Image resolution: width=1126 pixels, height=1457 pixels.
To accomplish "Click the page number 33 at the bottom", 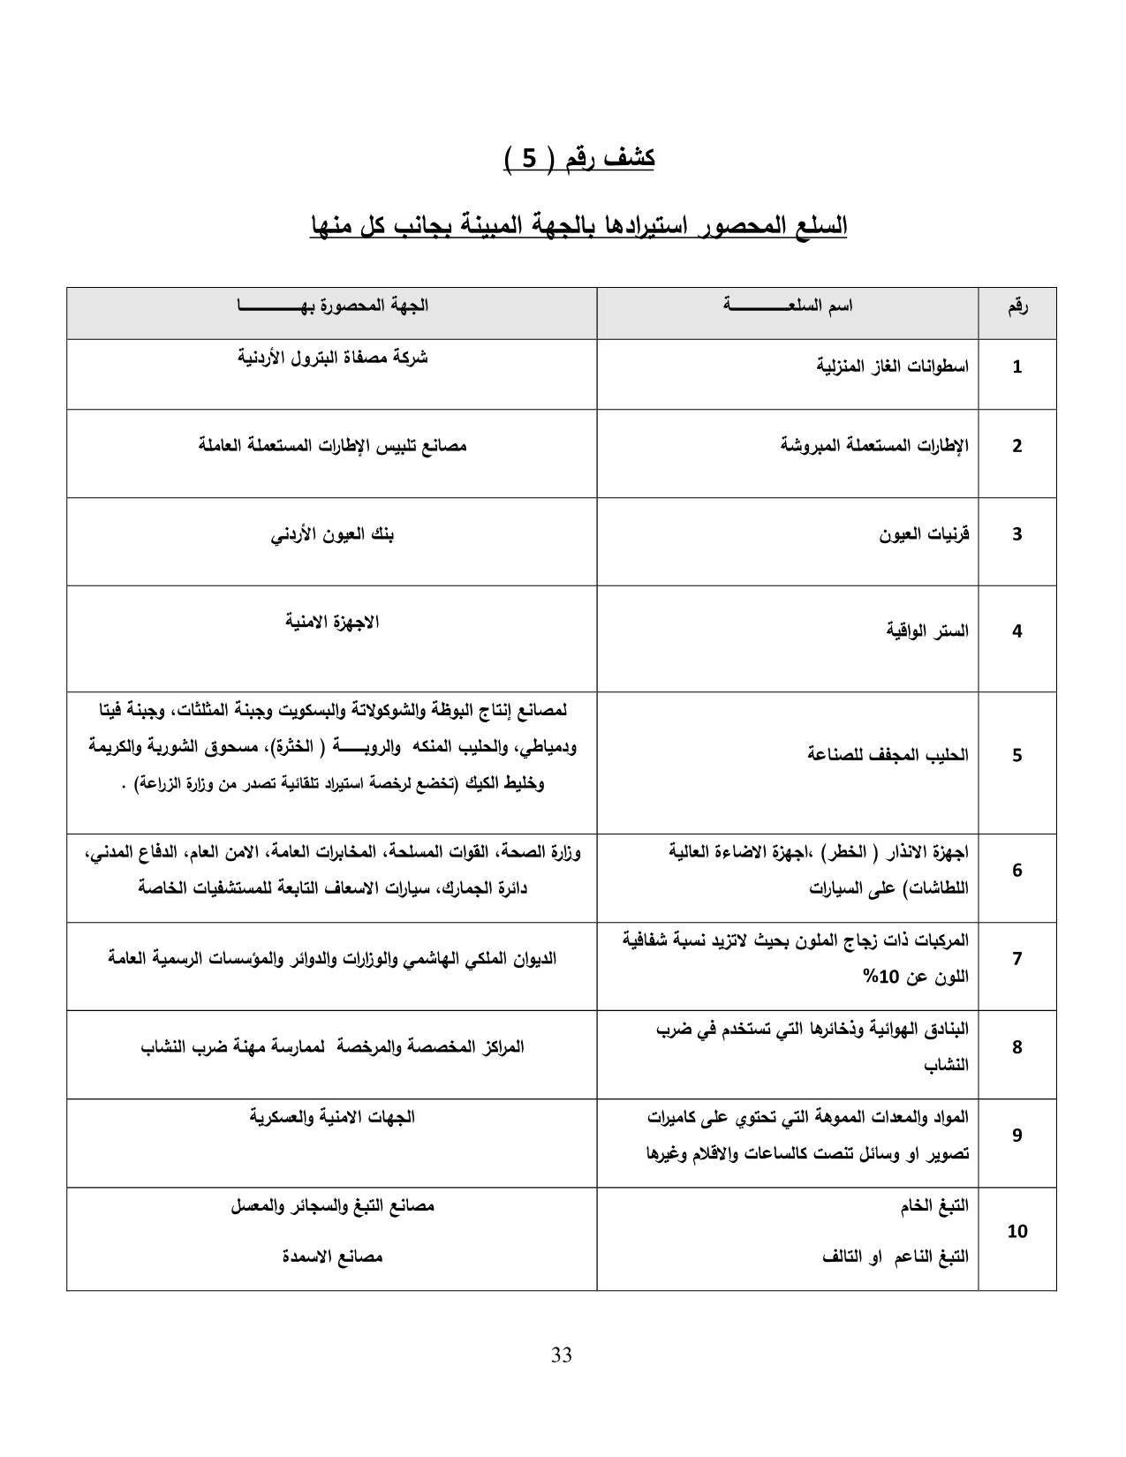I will click(x=562, y=1355).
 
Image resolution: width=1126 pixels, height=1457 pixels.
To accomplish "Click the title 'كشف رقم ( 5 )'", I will click(x=578, y=159).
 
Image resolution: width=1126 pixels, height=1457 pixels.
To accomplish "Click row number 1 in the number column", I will click(x=1016, y=366).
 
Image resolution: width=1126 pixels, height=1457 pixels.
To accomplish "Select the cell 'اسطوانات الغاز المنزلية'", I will click(x=891, y=366).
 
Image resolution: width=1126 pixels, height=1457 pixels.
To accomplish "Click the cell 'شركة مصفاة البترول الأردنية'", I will click(x=333, y=358).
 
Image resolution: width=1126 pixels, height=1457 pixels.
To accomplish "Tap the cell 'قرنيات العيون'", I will click(x=924, y=533).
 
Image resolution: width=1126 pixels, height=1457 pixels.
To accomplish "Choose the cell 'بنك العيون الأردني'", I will click(x=332, y=534).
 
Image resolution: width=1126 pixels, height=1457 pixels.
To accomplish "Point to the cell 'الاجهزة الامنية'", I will click(x=332, y=622).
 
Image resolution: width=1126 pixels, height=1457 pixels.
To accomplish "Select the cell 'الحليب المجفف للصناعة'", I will click(x=888, y=754).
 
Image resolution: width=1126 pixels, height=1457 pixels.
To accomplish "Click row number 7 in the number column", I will click(x=1016, y=958).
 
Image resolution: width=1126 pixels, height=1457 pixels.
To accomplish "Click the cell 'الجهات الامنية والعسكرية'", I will click(x=332, y=1117).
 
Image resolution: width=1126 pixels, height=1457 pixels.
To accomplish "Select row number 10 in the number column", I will click(x=1016, y=1231).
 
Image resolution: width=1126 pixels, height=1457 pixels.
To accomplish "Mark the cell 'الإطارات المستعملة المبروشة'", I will click(x=874, y=445).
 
